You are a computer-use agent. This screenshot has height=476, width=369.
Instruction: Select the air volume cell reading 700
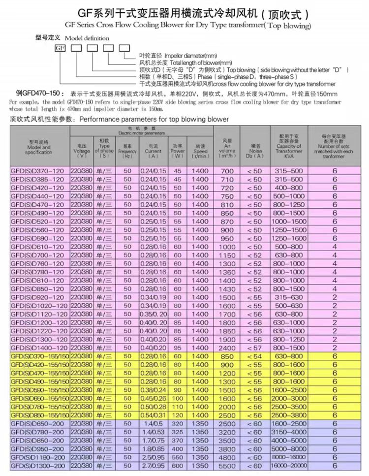(x=227, y=170)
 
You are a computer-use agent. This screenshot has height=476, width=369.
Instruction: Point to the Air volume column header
(x=227, y=146)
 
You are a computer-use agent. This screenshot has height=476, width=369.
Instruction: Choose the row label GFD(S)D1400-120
(x=37, y=348)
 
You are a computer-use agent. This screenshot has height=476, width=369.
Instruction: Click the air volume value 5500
(x=227, y=465)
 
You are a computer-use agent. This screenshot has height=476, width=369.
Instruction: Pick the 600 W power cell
(x=177, y=465)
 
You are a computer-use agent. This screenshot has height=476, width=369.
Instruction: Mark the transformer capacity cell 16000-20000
(x=289, y=465)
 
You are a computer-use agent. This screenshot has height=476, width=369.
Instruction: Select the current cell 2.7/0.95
(x=153, y=465)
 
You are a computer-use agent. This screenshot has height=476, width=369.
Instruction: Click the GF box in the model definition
(x=60, y=48)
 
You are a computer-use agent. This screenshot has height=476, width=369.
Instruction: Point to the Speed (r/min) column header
(x=200, y=150)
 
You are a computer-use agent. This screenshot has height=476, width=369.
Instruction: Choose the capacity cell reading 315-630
(x=289, y=297)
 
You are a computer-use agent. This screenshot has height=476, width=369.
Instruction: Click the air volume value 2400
(x=227, y=348)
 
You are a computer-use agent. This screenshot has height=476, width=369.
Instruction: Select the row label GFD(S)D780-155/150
(x=37, y=407)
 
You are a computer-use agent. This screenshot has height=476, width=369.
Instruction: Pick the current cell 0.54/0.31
(x=153, y=415)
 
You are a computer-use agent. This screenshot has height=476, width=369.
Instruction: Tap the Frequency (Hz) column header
(x=127, y=150)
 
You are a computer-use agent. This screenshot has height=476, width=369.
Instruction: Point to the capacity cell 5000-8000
(x=289, y=448)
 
